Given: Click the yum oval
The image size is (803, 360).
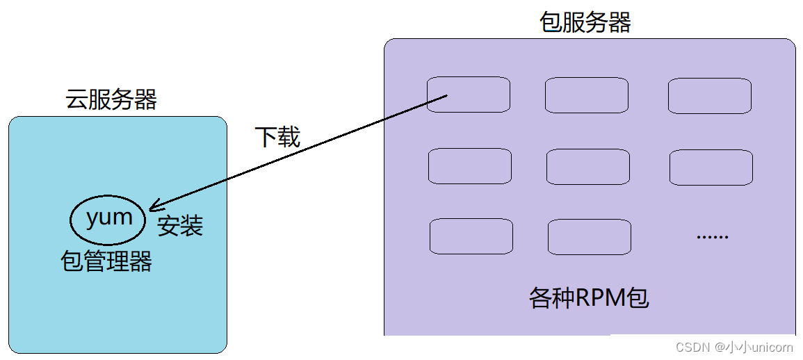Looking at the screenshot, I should (108, 219).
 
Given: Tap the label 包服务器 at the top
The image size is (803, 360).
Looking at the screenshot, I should (585, 22).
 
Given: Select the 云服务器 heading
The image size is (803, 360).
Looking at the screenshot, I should (111, 99).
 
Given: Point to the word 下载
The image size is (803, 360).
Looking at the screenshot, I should (277, 137).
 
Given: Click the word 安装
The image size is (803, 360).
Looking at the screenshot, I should (179, 226).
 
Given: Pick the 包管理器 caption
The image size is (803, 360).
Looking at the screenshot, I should (106, 262).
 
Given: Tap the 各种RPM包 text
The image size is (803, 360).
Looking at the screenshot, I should (589, 298).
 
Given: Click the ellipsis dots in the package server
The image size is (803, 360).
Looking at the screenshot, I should (712, 237).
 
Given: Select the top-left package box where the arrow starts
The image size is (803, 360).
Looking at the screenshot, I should (468, 95).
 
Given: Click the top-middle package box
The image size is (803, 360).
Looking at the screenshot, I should (586, 95).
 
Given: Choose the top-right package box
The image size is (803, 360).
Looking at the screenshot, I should (709, 96).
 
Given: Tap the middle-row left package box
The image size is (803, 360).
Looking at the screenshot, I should (469, 166).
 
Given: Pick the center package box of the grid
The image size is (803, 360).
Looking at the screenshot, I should (587, 167).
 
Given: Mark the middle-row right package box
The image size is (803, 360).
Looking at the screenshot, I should (711, 167).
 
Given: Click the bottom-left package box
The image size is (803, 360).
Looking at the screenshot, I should (471, 236).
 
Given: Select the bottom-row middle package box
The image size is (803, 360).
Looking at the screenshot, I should (589, 237).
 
